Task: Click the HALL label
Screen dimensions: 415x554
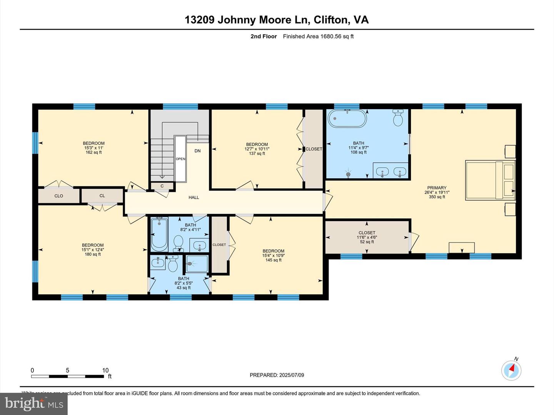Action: click(194, 198)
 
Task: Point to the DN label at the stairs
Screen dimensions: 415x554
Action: click(197, 151)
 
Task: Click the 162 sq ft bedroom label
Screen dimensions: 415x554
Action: click(93, 148)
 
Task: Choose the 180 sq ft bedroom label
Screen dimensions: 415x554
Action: click(93, 249)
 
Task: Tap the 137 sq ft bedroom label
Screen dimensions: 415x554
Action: click(257, 149)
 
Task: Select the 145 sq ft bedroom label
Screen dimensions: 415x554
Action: click(274, 256)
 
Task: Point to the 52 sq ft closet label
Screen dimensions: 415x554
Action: click(367, 237)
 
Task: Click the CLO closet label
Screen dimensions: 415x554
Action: click(58, 196)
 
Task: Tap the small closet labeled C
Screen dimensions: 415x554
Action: click(162, 186)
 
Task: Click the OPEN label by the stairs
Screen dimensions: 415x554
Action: click(180, 159)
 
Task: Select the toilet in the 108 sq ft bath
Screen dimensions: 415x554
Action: click(398, 118)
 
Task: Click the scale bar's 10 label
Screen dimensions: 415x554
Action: click(105, 370)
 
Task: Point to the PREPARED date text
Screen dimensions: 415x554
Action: click(277, 375)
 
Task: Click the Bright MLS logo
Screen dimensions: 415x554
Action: click(34, 403)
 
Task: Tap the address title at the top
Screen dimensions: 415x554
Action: click(277, 20)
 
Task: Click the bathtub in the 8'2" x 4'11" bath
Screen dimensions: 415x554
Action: click(159, 234)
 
